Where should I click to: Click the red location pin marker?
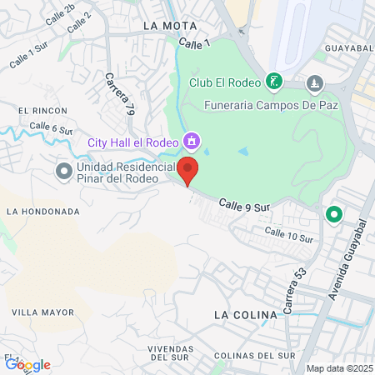point(188,169)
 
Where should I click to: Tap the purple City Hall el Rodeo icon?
point(192,142)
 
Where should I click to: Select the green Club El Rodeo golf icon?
point(272,82)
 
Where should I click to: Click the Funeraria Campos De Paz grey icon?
point(314,83)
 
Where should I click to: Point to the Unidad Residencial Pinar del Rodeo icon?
point(63,172)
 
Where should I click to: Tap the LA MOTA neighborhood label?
point(169,26)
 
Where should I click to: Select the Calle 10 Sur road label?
point(288,234)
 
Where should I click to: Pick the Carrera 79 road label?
point(120,92)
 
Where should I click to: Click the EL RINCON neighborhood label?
point(36,110)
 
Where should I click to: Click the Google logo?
point(28,364)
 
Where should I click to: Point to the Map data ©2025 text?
point(338,368)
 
